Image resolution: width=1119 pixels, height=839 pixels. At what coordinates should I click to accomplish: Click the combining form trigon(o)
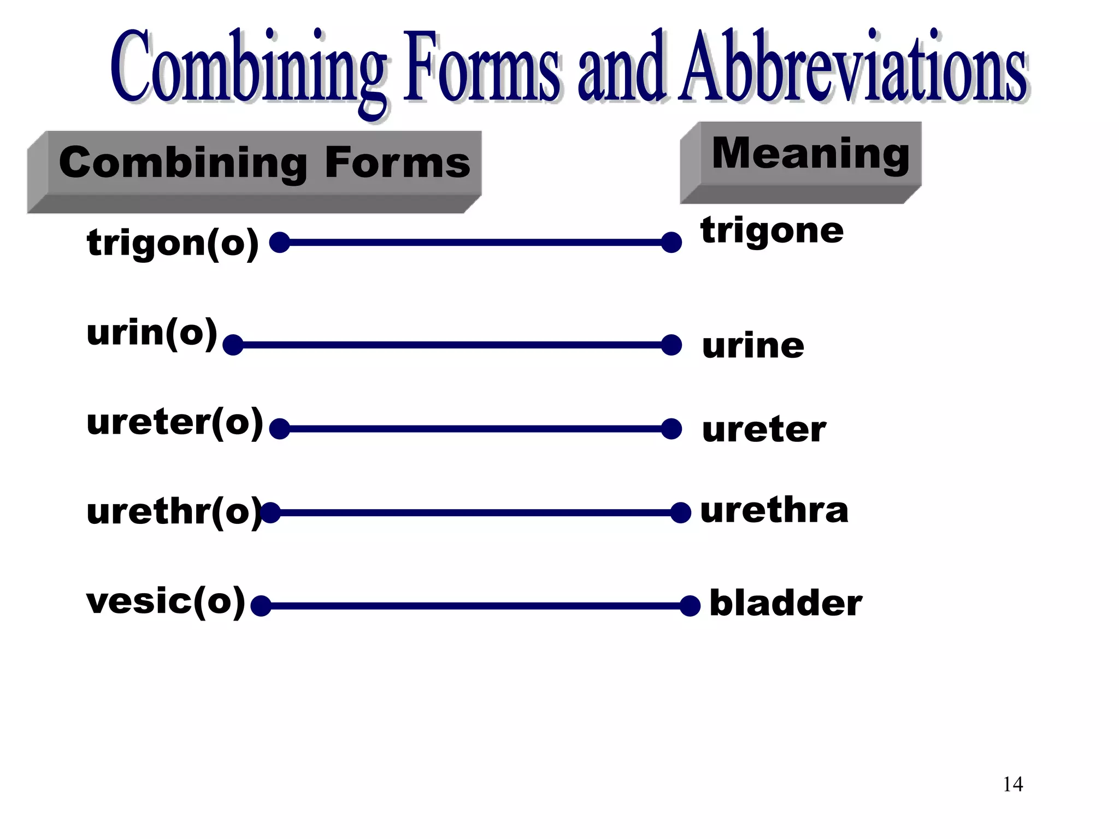[173, 243]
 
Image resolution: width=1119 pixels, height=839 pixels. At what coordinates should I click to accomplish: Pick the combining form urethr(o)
[174, 512]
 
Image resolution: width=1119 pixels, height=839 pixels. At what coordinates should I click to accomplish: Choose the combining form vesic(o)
[166, 601]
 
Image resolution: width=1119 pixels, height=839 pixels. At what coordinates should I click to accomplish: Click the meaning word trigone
[772, 231]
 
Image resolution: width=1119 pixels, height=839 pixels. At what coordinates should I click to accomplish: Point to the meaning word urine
[753, 346]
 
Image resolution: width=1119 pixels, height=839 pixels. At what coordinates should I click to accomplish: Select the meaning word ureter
[764, 430]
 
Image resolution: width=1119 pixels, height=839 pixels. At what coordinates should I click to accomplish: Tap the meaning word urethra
[774, 511]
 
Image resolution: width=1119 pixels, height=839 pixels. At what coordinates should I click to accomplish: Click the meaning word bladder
[786, 604]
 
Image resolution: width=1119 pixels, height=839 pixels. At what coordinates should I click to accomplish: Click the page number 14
[1012, 784]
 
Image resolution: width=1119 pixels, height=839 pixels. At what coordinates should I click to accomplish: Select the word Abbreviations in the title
[854, 68]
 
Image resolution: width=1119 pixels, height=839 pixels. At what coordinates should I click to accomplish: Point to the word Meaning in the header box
[810, 153]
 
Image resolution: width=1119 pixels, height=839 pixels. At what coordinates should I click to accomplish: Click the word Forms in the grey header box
[397, 163]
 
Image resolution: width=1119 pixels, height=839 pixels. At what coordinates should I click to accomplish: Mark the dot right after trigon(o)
[280, 242]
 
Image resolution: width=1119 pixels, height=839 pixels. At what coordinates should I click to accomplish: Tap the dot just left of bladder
[690, 606]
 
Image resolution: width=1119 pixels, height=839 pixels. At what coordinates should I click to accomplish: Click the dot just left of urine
[671, 345]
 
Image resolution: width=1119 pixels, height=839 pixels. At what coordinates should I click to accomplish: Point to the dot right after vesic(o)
[261, 606]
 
